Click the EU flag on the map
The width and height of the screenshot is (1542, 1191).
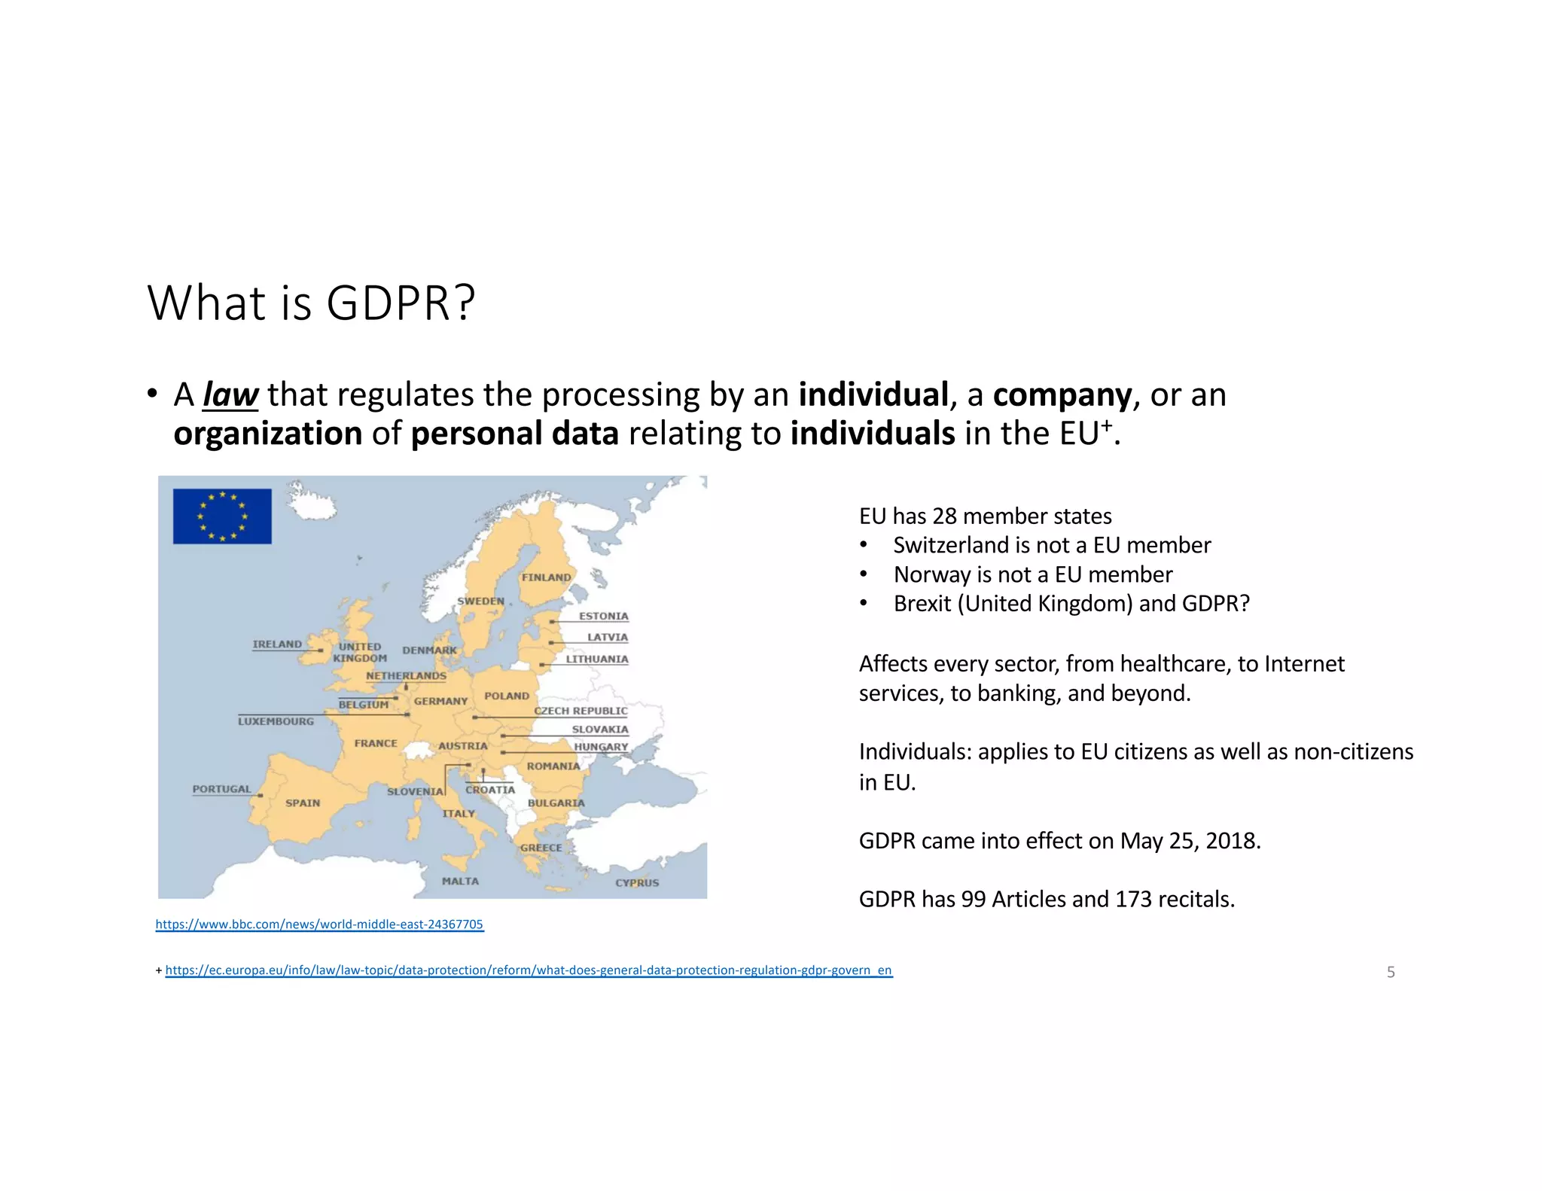tap(222, 516)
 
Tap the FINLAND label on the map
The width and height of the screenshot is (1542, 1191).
tap(546, 577)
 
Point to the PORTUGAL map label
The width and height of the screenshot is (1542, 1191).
tap(221, 789)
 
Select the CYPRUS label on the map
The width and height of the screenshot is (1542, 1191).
tap(637, 882)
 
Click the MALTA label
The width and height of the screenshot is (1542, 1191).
tap(460, 881)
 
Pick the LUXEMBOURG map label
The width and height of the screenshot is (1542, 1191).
tap(276, 721)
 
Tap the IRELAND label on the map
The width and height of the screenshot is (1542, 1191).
tap(277, 644)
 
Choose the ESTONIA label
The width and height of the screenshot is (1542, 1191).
tap(603, 616)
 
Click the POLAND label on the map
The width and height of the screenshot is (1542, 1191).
tap(507, 696)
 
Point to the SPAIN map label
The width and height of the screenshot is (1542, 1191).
tap(303, 803)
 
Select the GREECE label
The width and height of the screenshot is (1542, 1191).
tap(541, 848)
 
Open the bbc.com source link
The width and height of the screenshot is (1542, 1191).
tap(319, 924)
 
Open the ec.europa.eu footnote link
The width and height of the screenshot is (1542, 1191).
tap(529, 970)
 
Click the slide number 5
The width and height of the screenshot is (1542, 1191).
tap(1391, 972)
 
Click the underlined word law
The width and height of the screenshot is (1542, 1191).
tap(230, 394)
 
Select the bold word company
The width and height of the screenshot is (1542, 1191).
tap(1062, 394)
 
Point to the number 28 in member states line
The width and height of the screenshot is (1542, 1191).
tap(945, 516)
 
